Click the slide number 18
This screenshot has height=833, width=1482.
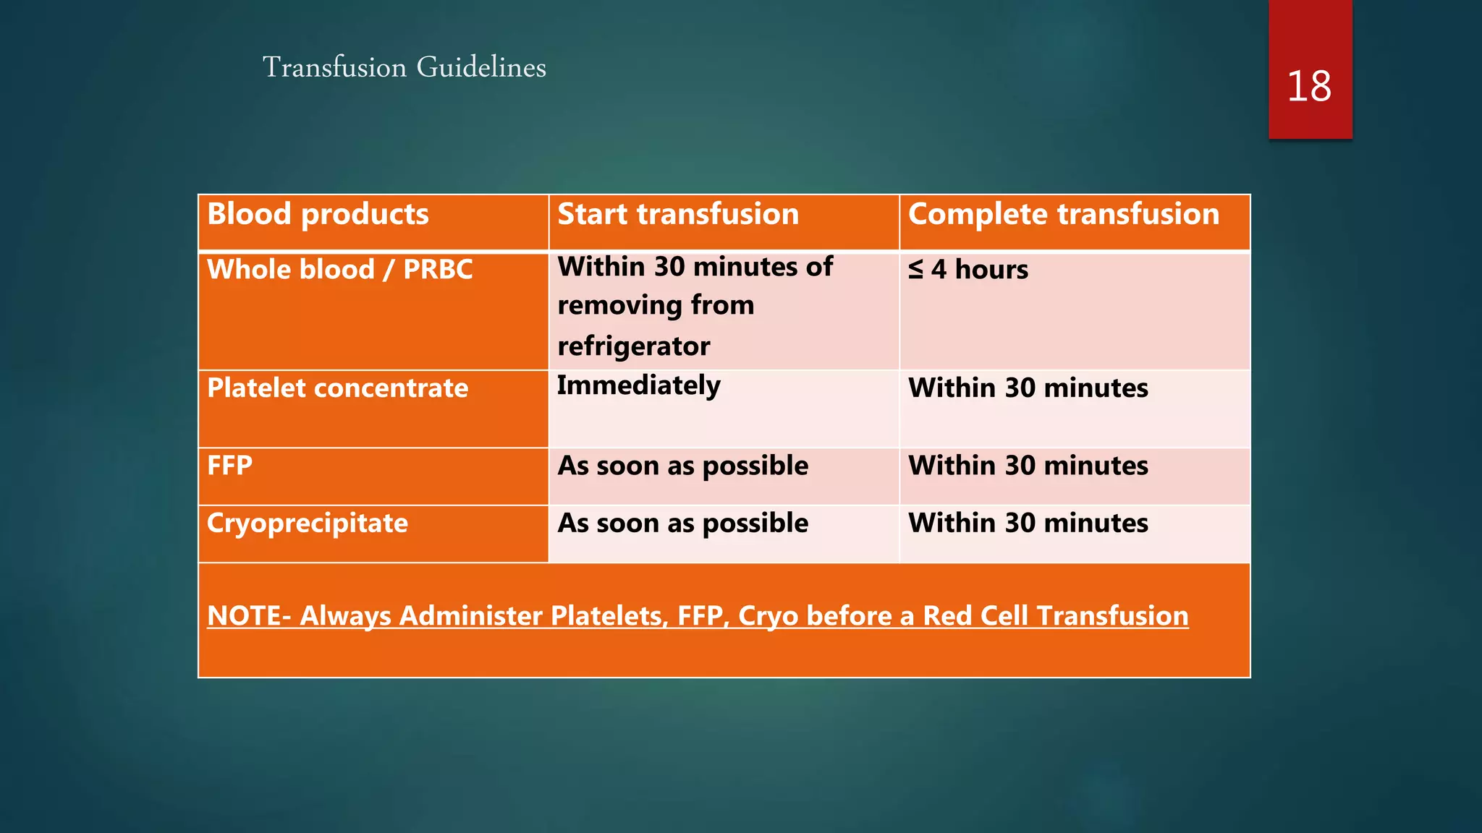point(1309,87)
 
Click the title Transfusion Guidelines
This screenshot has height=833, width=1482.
point(404,67)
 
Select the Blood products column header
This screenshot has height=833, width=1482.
point(318,214)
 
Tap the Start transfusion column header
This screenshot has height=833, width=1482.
point(678,214)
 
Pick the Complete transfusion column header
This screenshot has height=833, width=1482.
point(1063,214)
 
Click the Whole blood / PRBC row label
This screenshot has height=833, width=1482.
point(339,270)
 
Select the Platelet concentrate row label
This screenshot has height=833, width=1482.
point(337,388)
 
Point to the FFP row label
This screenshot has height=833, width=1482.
point(229,466)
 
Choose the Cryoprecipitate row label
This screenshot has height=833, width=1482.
point(307,523)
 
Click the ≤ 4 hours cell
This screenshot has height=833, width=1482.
point(968,270)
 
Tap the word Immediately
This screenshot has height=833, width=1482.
point(638,385)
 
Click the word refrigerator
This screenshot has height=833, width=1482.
point(633,346)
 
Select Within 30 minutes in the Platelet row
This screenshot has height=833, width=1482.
point(1028,388)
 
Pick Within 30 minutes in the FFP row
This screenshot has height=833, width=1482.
point(1028,466)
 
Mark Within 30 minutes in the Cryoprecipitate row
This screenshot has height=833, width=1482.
point(1028,523)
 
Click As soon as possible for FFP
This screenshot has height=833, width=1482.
point(682,466)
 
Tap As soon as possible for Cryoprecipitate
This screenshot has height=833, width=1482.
point(682,523)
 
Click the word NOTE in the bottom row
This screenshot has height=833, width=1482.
point(244,616)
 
